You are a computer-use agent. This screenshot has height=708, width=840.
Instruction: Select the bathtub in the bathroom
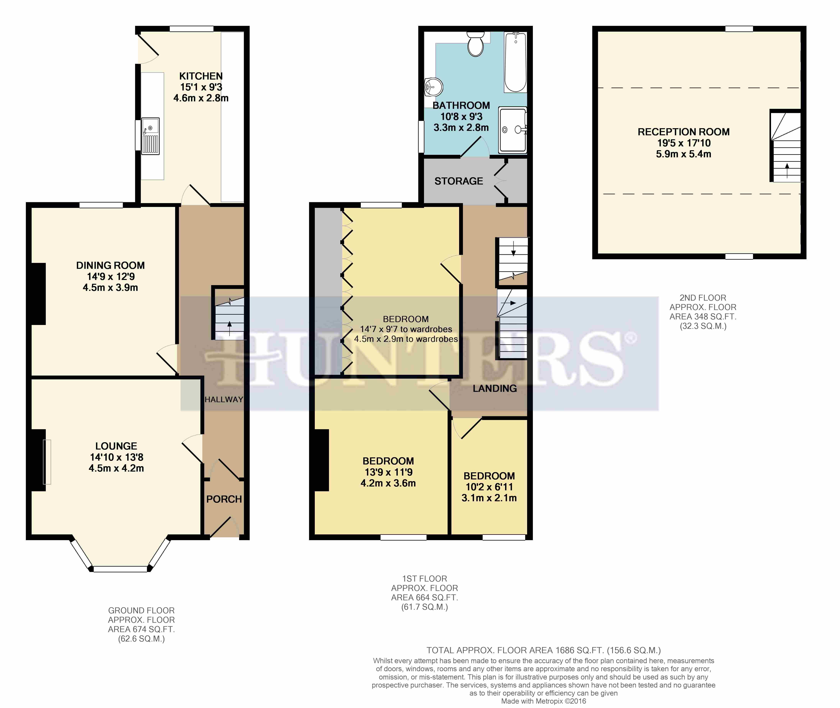point(515,62)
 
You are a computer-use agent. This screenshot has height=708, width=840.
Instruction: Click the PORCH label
point(224,499)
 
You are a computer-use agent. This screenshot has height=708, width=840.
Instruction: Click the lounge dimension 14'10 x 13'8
point(116,457)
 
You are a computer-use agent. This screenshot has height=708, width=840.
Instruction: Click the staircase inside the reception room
point(785,147)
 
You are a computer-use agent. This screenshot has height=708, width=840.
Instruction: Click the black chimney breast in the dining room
point(39,294)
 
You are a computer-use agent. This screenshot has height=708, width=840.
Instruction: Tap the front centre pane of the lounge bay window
point(120,569)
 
